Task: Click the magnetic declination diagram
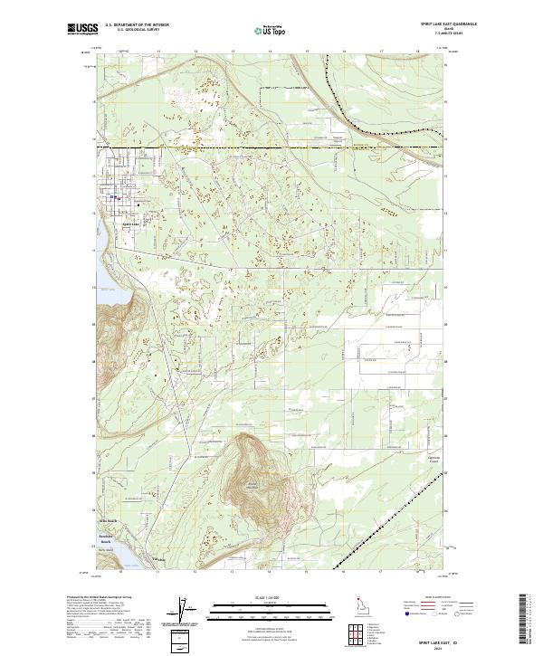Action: coord(191,611)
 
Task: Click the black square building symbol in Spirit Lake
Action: coord(138,203)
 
